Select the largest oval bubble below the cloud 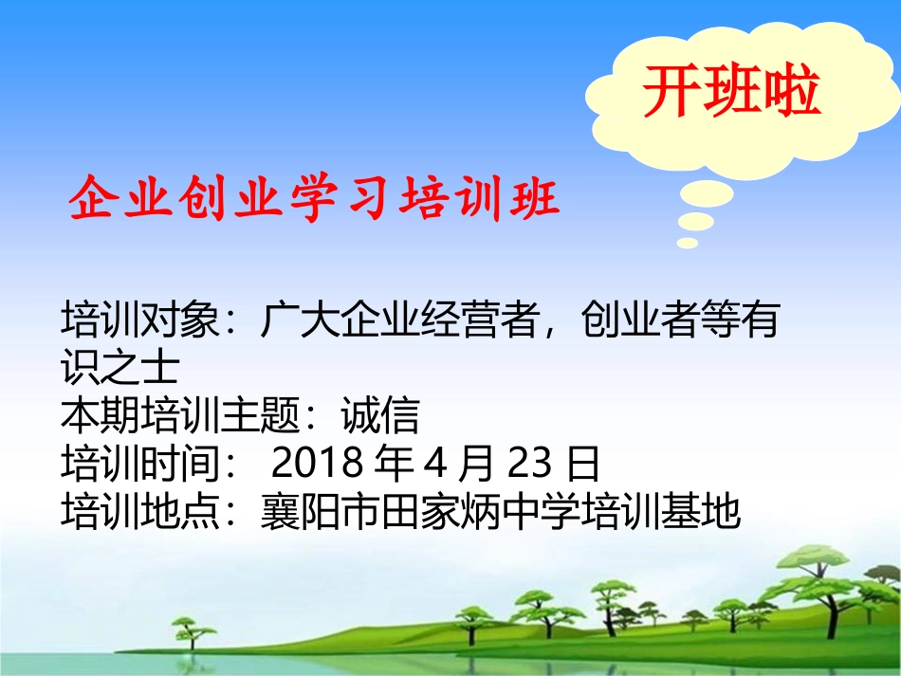[708, 196]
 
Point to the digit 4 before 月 [434, 464]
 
